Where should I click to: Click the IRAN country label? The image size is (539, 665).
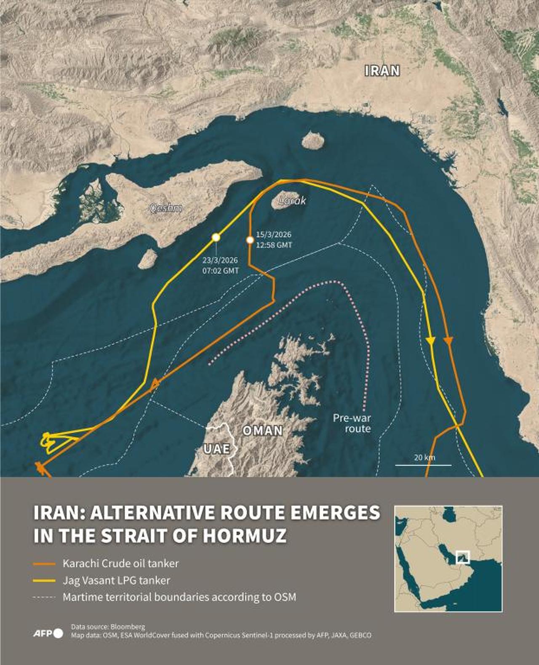tap(382, 71)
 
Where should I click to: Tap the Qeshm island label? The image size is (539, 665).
tap(166, 208)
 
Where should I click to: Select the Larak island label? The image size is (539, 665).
tap(292, 201)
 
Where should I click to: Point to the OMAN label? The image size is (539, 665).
tap(262, 431)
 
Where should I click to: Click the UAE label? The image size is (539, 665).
tap(217, 449)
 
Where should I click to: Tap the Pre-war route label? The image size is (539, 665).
tap(352, 423)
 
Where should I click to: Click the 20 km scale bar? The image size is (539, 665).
tap(423, 465)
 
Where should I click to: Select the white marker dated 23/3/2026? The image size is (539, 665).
tap(216, 237)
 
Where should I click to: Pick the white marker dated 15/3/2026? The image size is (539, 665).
tap(250, 240)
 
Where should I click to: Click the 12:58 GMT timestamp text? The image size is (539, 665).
tap(274, 245)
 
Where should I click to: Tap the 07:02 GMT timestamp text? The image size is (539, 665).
tap(220, 271)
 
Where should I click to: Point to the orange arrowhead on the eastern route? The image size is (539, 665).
tap(448, 341)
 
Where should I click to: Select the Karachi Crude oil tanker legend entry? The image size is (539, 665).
tap(120, 564)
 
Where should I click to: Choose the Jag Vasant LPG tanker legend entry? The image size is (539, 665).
tap(116, 580)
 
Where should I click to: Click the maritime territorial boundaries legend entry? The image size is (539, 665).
tap(179, 597)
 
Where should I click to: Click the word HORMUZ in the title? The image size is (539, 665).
tap(245, 535)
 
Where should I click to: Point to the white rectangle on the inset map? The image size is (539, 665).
tap(463, 557)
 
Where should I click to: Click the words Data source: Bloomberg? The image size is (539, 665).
tap(108, 627)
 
